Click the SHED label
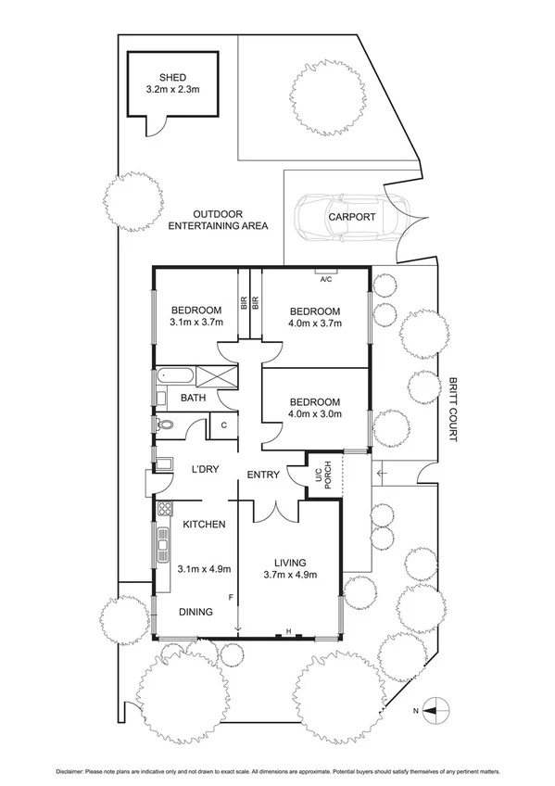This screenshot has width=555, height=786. coord(173,77)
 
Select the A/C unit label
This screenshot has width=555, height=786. coord(325,278)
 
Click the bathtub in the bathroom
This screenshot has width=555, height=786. coord(175,376)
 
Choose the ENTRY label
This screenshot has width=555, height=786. coord(263,475)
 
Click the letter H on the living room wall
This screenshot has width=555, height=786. coord(289,632)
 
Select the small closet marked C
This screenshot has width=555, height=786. coord(223,425)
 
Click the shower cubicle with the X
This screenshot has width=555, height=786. coord(215,376)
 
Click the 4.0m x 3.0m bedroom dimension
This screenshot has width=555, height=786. coord(315,414)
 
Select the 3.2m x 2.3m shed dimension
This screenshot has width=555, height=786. coord(173,90)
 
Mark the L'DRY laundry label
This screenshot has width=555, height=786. coord(204,469)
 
